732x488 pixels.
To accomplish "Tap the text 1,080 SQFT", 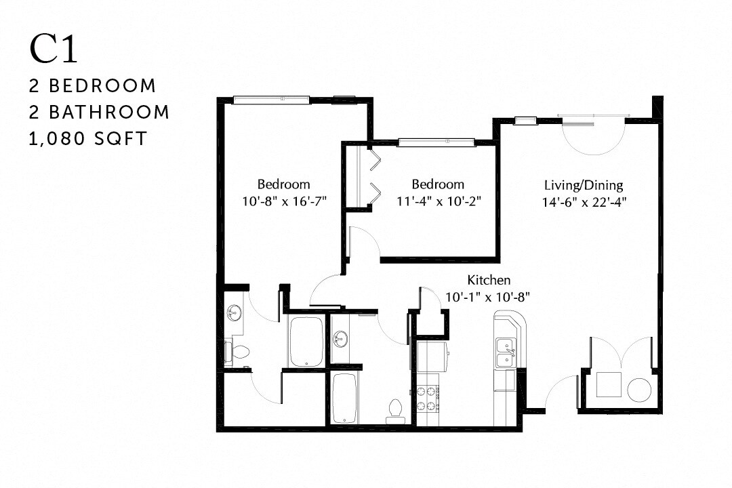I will tap(87, 139).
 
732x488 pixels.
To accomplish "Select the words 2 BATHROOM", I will tap(99, 112).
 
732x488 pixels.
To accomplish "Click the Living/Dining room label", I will tap(584, 184).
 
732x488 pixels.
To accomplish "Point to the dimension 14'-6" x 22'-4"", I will tap(584, 201).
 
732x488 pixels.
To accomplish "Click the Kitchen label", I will tap(489, 280).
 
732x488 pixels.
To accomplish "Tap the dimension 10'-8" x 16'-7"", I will tap(283, 201).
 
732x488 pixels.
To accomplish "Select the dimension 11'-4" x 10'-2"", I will tap(438, 201).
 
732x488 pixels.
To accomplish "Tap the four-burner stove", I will tap(428, 398).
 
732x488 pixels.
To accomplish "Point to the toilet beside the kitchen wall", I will tap(394, 409).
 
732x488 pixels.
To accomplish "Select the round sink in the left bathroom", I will tap(234, 314).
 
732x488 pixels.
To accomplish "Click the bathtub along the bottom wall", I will tap(345, 398).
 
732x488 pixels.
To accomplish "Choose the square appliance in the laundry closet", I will tap(607, 384).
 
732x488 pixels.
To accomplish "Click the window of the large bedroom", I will tap(271, 100).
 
